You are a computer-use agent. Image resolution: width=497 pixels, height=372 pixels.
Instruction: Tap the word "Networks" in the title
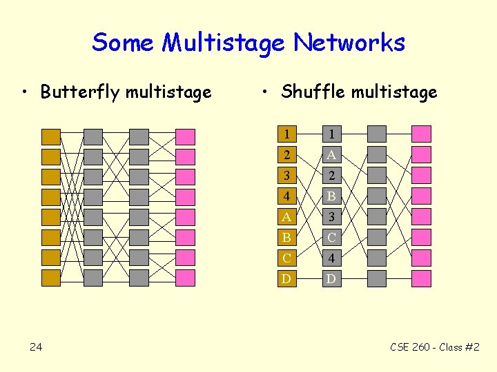tap(349, 43)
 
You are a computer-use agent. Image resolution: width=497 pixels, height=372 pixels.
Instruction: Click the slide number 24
tap(36, 347)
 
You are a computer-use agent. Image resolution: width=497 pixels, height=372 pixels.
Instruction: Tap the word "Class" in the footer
tap(449, 347)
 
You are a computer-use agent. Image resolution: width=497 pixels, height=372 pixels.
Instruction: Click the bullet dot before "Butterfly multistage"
tap(25, 92)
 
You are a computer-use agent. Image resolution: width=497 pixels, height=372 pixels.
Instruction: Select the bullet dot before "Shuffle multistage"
tap(266, 92)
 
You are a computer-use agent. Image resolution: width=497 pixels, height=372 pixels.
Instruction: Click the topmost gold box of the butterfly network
tap(51, 136)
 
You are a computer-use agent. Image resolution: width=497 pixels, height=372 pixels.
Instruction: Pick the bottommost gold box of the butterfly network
tap(51, 278)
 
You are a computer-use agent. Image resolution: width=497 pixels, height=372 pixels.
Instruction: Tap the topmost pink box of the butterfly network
tap(185, 136)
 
